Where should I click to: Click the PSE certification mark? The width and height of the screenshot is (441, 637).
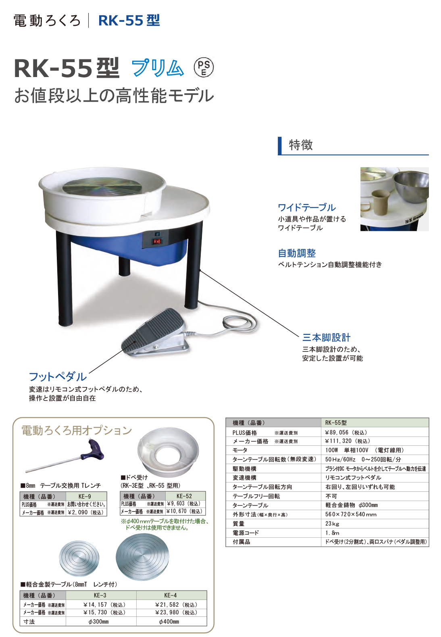(204, 68)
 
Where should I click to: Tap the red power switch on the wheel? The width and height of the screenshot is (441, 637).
(156, 241)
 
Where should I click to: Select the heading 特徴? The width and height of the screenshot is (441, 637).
(301, 145)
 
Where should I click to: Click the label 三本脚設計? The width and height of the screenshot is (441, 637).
(326, 338)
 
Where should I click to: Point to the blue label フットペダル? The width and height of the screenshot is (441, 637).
(58, 376)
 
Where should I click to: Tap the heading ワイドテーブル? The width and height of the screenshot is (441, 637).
(307, 207)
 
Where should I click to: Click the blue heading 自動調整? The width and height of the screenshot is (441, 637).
(297, 253)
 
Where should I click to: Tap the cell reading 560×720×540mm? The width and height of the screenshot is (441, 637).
(351, 514)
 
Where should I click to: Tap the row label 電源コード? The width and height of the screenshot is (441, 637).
(246, 533)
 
